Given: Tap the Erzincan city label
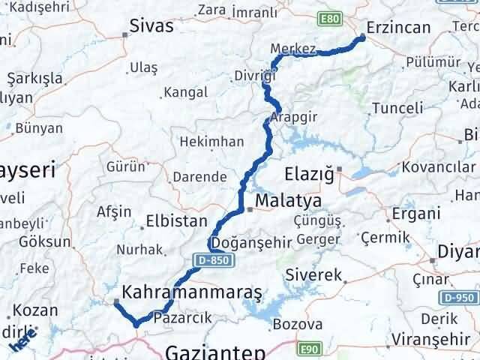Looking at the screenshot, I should click(400, 28).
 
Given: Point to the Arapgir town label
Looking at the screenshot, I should click(295, 117).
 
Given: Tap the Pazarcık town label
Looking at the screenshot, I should click(174, 318).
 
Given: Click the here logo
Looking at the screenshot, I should click(23, 343).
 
